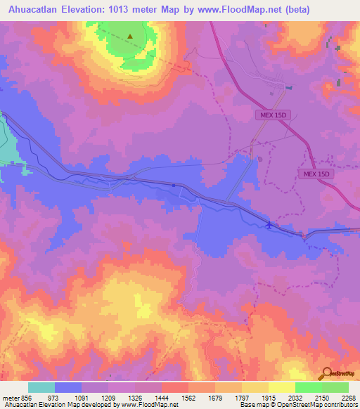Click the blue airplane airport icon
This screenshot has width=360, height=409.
coord(269,225)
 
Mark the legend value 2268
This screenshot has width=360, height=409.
coord(347,398)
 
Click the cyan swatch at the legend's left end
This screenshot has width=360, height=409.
coord(41,387)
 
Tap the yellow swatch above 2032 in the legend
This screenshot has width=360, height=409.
coord(281,387)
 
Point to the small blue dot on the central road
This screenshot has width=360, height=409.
coord(174,186)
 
